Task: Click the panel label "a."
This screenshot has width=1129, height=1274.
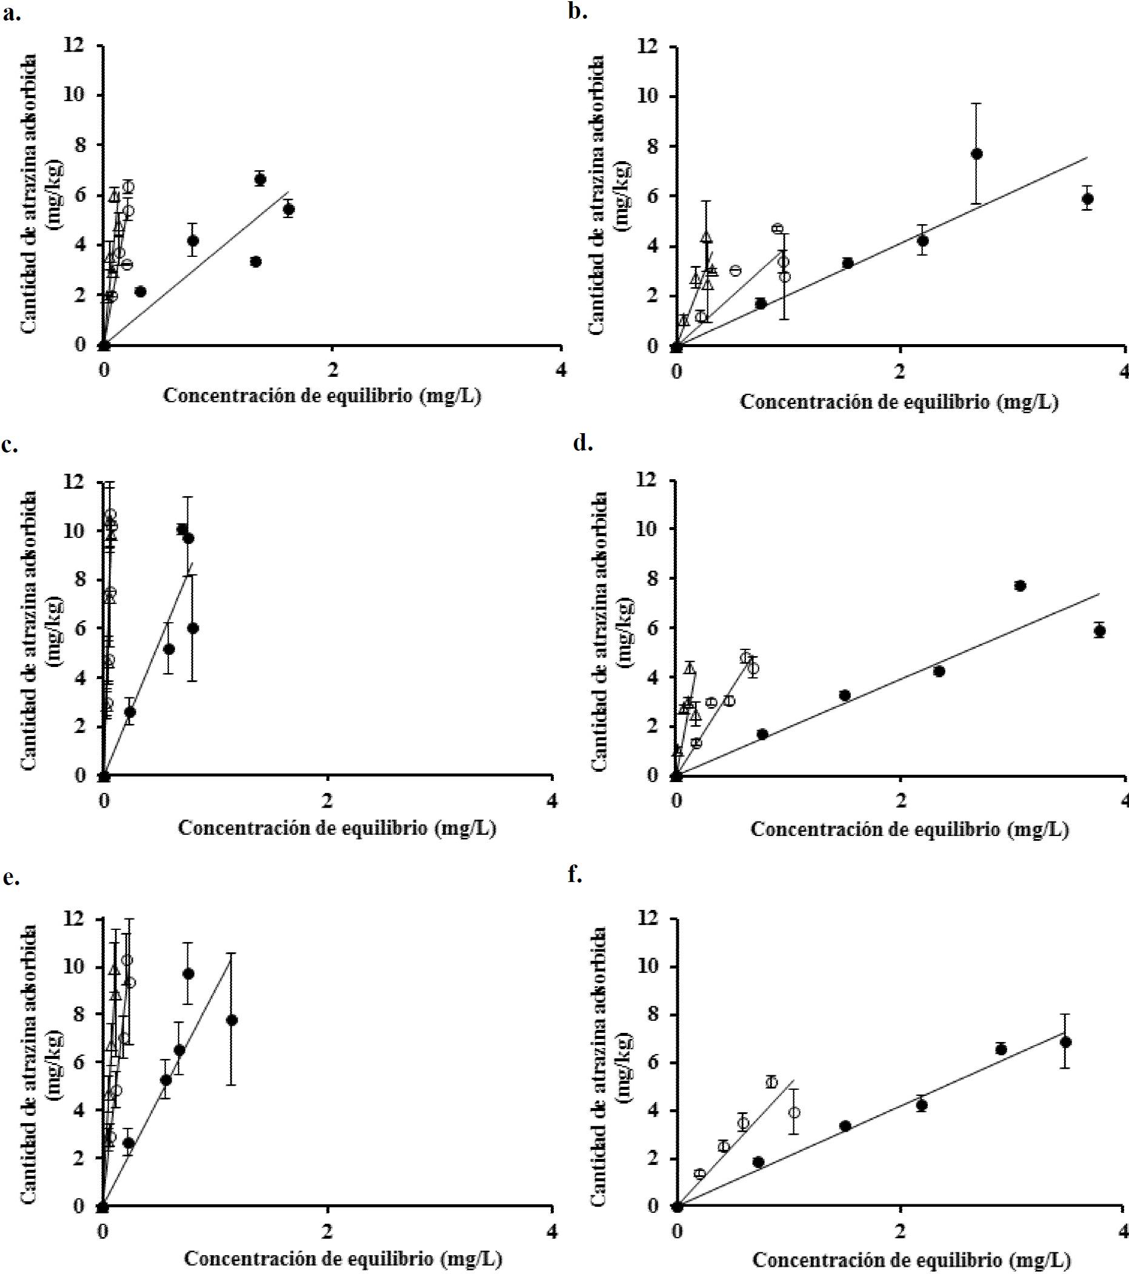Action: pyautogui.click(x=13, y=14)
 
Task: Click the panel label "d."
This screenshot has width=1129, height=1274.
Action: pyautogui.click(x=582, y=443)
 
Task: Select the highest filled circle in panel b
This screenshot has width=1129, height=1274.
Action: pyautogui.click(x=977, y=154)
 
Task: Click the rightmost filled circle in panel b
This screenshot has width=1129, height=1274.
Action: pyautogui.click(x=1088, y=199)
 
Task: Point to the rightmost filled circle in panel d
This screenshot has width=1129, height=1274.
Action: pyautogui.click(x=1100, y=631)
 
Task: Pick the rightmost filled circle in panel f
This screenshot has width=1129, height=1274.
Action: pyautogui.click(x=1065, y=1042)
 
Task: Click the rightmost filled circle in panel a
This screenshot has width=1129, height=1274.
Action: pyautogui.click(x=288, y=210)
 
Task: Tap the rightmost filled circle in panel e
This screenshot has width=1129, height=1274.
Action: pyautogui.click(x=231, y=1020)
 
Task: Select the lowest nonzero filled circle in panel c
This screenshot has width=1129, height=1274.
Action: pyautogui.click(x=130, y=712)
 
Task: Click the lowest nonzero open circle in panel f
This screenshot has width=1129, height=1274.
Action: pyautogui.click(x=699, y=1173)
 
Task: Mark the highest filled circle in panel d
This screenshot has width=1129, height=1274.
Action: pyautogui.click(x=1020, y=586)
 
